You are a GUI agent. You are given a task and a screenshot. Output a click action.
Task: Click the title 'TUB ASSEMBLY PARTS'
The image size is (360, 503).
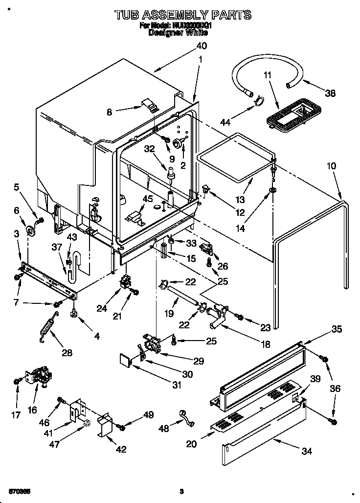pos(183,15)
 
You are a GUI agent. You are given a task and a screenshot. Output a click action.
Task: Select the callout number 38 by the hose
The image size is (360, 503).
pos(330,93)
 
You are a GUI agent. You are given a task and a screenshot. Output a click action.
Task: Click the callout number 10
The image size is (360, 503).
pos(331,166)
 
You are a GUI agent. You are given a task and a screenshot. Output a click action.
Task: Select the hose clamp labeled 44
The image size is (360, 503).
pos(257,101)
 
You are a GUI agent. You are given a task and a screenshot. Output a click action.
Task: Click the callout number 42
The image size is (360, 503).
pos(120,449)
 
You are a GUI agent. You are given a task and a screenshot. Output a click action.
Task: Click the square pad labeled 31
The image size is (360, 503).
pos(126,362)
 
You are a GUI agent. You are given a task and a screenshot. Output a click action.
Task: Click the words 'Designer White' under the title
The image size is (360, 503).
pos(178,33)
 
